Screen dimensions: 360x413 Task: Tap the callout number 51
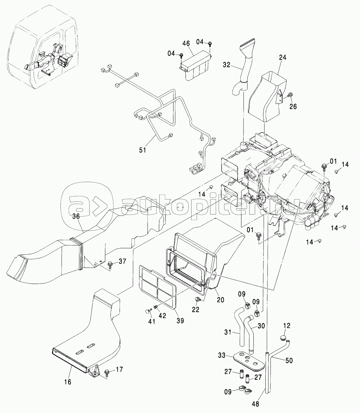[x=142, y=150]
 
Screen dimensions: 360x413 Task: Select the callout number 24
[x=283, y=57]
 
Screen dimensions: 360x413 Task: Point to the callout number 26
[x=293, y=106]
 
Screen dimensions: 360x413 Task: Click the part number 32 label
[x=227, y=65]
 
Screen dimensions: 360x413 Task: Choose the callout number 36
[x=76, y=216]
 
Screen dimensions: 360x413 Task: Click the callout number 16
[x=68, y=382]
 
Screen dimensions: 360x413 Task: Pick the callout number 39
[x=180, y=320]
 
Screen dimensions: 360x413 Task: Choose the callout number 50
[x=289, y=360]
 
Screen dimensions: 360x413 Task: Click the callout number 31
[x=228, y=332]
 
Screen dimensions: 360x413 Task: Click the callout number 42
[x=162, y=315]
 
